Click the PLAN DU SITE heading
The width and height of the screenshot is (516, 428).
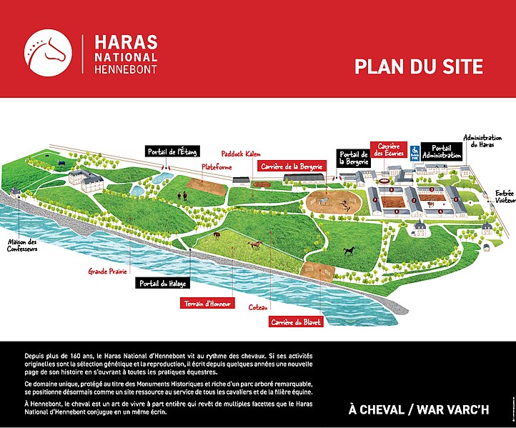[x=419, y=67]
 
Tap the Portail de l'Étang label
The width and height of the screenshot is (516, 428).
[x=172, y=151]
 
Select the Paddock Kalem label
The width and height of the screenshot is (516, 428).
[x=241, y=154]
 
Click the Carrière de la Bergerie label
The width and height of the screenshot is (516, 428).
[x=291, y=166]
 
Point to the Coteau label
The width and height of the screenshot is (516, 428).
[x=258, y=307]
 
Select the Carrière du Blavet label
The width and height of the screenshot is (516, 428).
[x=296, y=322]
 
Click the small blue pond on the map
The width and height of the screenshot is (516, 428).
[x=164, y=175]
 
